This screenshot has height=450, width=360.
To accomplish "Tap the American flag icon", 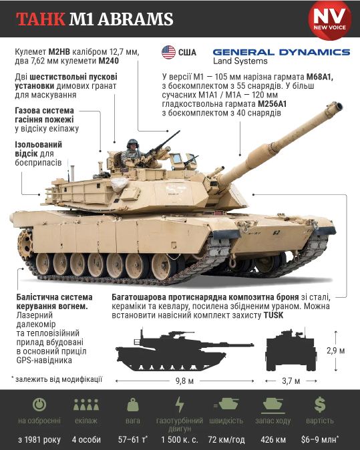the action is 168,52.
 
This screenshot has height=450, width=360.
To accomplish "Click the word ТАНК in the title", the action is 41,19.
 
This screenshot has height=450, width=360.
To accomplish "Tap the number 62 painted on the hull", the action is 276,233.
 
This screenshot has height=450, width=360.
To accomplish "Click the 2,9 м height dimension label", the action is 335,351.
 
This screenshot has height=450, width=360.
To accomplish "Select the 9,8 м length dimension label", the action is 184,381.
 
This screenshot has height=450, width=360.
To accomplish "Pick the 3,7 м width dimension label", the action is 291,381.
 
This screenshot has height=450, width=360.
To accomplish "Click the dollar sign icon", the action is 319,405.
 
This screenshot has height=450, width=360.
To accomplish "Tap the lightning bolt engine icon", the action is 180,405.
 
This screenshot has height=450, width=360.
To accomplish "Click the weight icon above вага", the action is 133,405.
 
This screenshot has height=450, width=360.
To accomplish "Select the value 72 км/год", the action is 226,439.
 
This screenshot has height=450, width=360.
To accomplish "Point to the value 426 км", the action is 273,439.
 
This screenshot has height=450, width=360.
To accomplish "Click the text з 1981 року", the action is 39,439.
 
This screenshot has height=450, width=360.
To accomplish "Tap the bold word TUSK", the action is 273,315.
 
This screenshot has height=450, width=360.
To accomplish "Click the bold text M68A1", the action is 320,77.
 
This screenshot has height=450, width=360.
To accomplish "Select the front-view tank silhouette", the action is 291,351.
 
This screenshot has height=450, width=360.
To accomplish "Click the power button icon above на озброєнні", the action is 39,405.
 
